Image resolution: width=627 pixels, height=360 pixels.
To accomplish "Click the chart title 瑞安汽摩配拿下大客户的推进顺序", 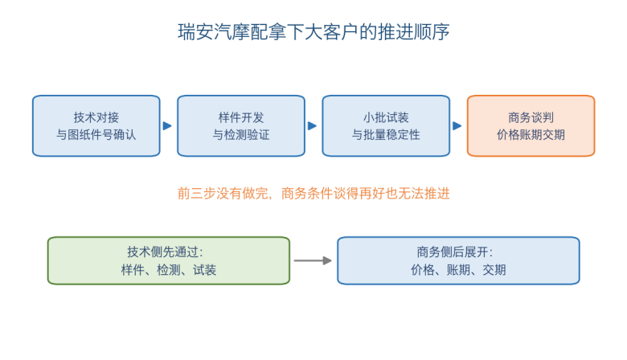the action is tap(313, 32).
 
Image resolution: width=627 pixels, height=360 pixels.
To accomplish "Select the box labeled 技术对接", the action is tap(96, 126).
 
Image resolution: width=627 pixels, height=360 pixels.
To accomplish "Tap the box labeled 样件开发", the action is tap(241, 126).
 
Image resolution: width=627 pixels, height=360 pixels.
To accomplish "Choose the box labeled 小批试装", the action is tap(386, 126).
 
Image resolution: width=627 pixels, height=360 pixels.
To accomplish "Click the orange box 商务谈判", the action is tap(531, 126).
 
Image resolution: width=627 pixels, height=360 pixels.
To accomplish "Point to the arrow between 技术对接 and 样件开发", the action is tap(167, 126).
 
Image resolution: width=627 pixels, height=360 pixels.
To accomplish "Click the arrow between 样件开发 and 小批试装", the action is tap(313, 126).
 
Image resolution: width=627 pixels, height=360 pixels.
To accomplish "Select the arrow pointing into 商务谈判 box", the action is tap(457, 126).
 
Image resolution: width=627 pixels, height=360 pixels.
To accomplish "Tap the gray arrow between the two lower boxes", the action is tap(313, 260).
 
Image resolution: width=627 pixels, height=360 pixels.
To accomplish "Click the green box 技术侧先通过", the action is tap(169, 260).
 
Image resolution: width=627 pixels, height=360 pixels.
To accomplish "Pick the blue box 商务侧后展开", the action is tap(458, 260).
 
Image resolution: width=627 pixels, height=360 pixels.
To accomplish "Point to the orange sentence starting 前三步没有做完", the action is tap(313, 194).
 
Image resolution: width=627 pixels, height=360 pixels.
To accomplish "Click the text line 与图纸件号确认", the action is tap(96, 135).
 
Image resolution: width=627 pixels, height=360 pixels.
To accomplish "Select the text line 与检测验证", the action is tap(241, 135).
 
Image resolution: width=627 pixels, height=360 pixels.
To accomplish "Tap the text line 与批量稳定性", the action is tap(386, 135).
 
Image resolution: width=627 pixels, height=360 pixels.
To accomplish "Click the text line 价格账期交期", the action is tap(531, 135).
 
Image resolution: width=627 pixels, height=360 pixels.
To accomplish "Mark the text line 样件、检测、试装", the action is tap(169, 270).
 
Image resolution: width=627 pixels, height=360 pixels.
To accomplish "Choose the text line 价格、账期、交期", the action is tap(458, 270).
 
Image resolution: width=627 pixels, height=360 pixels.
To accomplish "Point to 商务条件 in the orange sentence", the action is tap(307, 194).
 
